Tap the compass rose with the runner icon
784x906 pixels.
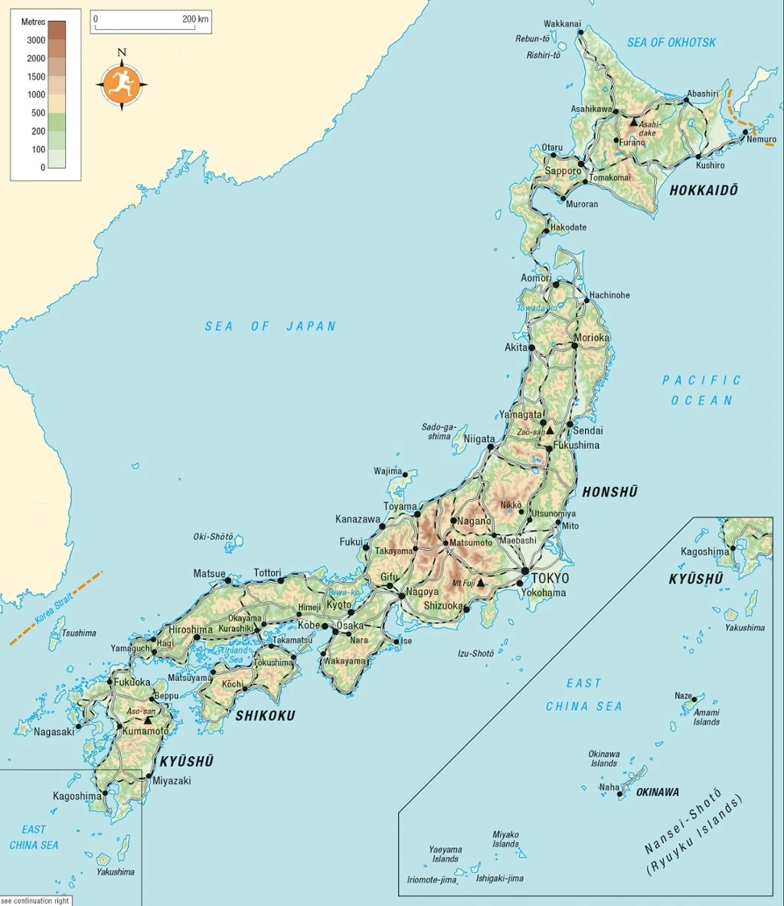(122, 83)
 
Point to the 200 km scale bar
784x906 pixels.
(151, 23)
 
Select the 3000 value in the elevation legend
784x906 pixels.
(36, 40)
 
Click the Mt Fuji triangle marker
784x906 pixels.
(481, 583)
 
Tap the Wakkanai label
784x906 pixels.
(562, 24)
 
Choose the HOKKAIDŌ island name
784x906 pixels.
(704, 191)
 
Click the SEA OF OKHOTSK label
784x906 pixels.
(671, 43)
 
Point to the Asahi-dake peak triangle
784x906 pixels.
(633, 122)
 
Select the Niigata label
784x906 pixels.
(480, 440)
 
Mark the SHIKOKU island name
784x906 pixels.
(265, 716)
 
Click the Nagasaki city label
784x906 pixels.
(54, 731)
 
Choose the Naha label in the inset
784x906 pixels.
(609, 787)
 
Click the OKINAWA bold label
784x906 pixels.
(657, 792)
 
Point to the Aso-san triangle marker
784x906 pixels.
(148, 721)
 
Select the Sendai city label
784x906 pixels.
(588, 431)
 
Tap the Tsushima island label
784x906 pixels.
(79, 633)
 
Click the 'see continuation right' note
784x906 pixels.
(35, 901)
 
